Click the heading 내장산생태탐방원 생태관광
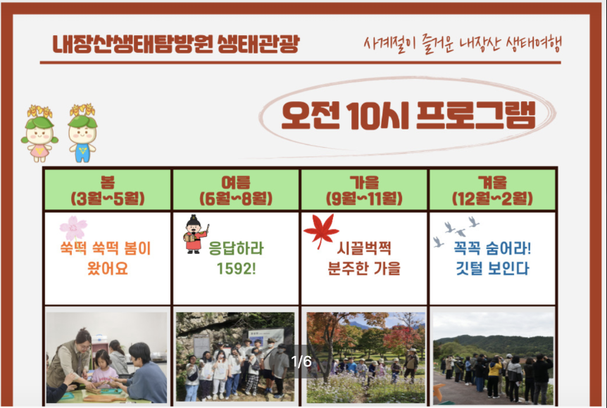click(x=176, y=44)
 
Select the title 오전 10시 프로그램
click(x=408, y=116)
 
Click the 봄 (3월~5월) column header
click(x=107, y=189)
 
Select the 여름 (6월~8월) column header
click(x=236, y=189)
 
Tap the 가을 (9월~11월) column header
click(x=364, y=189)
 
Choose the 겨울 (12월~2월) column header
click(x=492, y=189)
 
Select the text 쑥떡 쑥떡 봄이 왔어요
click(x=107, y=258)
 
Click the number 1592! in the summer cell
click(x=235, y=269)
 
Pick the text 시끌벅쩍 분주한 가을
click(x=364, y=258)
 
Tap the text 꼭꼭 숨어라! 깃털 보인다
click(x=492, y=258)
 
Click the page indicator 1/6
click(x=301, y=362)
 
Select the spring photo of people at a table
click(x=107, y=357)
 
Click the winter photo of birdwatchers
click(x=492, y=357)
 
